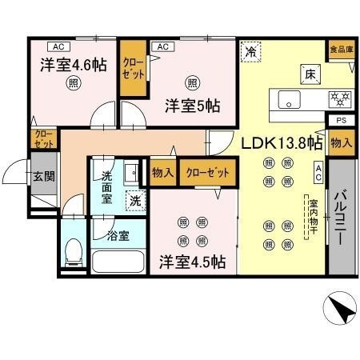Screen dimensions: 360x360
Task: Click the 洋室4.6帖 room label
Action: pos(74,65)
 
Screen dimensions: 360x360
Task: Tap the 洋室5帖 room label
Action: pos(192,106)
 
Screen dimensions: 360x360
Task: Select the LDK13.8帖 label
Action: pos(282,143)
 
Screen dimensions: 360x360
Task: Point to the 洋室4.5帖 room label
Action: pos(193,262)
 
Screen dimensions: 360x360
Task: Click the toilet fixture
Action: pos(74,252)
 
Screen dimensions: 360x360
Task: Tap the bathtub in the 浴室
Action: pos(118,262)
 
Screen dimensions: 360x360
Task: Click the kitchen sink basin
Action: pos(290,99)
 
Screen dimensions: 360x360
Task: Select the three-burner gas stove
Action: pos(340,98)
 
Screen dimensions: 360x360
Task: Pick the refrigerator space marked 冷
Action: pos(250,51)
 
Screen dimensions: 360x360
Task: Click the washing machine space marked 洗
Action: pos(135,201)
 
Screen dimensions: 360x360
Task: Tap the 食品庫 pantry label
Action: pos(342,50)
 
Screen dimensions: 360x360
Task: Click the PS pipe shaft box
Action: pos(341,120)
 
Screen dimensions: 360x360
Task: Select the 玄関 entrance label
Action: pos(44,176)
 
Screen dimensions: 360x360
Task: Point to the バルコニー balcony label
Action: pos(341,217)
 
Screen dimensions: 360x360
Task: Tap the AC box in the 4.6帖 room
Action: pos(58,46)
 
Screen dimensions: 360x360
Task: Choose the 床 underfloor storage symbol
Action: pos(310,74)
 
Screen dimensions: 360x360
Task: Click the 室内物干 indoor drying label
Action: pos(313,217)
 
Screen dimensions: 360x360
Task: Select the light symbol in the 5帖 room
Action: pos(193,83)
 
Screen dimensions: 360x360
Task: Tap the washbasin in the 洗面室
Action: pos(131,173)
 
